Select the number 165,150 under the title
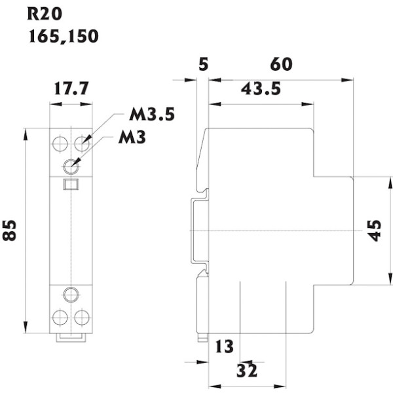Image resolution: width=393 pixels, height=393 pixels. point(63,36)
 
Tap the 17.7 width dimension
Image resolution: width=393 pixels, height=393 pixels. point(71,88)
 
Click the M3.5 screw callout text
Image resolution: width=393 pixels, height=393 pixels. point(151,115)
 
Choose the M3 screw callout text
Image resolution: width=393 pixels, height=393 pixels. point(132,138)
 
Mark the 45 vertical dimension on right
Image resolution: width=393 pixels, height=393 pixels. point(374,231)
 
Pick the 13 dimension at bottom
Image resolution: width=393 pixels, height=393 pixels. point(224,346)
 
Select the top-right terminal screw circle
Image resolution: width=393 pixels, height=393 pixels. point(82,142)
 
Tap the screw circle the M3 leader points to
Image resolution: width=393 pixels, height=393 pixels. point(71,165)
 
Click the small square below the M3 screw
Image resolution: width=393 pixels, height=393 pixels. point(70,184)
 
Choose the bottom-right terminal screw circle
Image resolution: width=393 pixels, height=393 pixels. point(82,317)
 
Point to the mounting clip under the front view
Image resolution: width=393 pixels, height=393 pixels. point(71,337)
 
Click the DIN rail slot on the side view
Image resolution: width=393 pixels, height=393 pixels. point(196,231)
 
